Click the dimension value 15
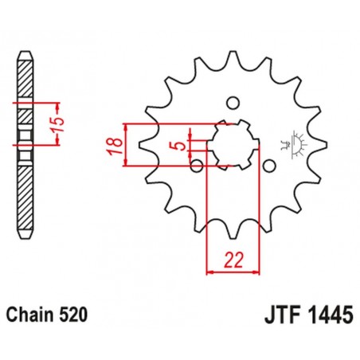click(69, 123)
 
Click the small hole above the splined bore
click(232, 103)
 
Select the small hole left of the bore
click(196, 166)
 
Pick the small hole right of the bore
click(269, 165)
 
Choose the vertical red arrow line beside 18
click(126, 146)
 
